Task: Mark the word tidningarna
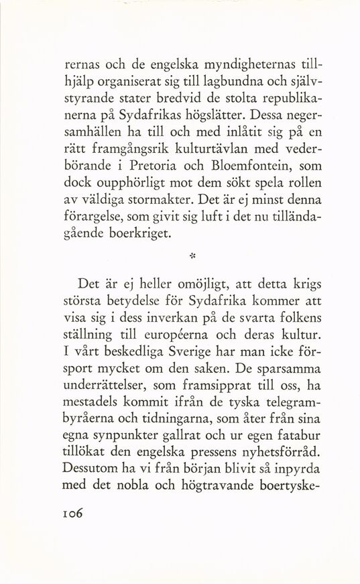[177, 420]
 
